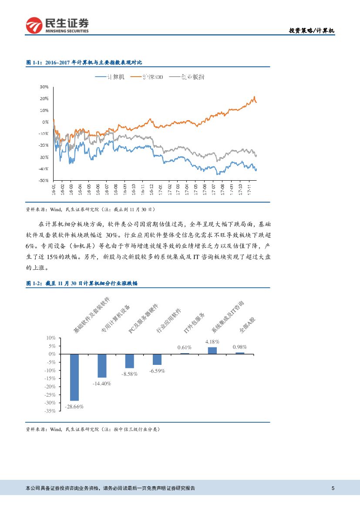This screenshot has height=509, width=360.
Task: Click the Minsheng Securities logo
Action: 57,25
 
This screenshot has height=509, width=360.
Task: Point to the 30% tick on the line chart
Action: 44,87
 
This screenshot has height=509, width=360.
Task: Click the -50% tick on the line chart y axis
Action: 43,180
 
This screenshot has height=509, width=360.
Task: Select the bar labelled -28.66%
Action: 74,377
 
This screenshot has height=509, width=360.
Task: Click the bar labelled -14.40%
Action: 102,365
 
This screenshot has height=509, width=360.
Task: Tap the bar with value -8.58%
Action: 130,361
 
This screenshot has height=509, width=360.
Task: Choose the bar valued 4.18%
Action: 212,351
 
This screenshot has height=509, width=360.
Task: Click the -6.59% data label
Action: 157,371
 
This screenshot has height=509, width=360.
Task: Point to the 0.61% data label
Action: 185,347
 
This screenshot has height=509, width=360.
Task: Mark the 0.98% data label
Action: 240,347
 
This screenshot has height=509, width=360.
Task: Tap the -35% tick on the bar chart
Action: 50,411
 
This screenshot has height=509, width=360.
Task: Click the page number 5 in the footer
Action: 333,488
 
